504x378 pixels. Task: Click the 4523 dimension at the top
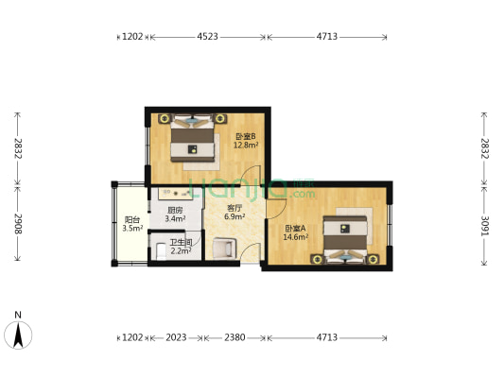[207, 37]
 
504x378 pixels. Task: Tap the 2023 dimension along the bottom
[176, 337]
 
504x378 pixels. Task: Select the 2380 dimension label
[235, 337]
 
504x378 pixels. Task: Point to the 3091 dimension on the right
[484, 226]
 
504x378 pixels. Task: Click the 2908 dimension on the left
[18, 224]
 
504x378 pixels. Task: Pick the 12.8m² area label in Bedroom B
[246, 146]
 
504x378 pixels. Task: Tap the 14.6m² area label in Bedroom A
[295, 237]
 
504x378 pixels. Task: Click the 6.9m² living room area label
[235, 216]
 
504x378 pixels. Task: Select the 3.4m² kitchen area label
[175, 219]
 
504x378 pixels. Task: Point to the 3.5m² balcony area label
[132, 229]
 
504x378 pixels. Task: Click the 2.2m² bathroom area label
[181, 250]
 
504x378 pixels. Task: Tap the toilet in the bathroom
[161, 251]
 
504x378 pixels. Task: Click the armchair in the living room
[225, 248]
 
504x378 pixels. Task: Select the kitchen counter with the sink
[175, 194]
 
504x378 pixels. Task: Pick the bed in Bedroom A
[345, 239]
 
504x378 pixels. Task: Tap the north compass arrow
[18, 335]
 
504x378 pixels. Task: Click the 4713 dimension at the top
[327, 37]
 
